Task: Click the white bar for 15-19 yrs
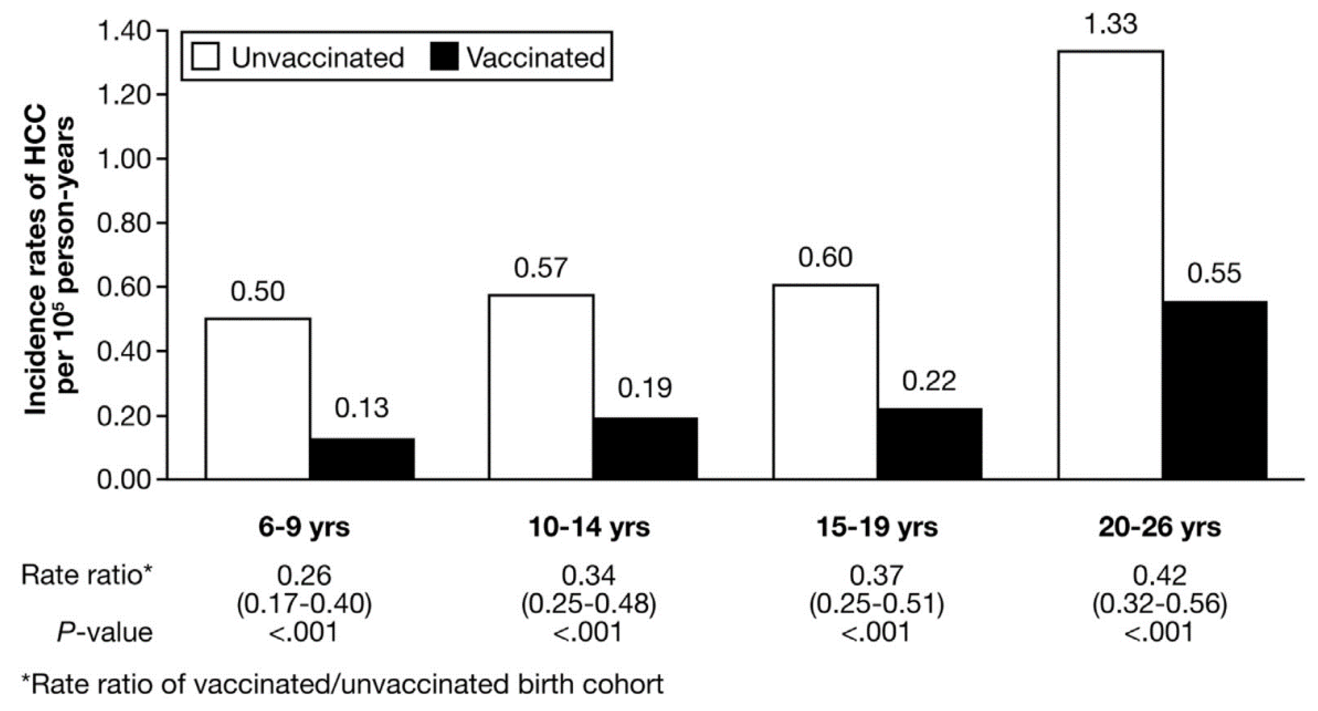tap(825, 381)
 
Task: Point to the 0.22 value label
tap(929, 381)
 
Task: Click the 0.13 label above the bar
tap(362, 408)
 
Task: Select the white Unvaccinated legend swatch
tap(205, 56)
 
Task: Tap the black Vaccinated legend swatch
tap(444, 56)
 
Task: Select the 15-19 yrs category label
tap(876, 527)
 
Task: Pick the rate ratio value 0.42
tap(1159, 575)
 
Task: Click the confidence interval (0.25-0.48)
tap(588, 604)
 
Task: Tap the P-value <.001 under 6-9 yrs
tap(304, 633)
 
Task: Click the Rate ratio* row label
tap(86, 575)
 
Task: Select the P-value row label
tap(105, 633)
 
